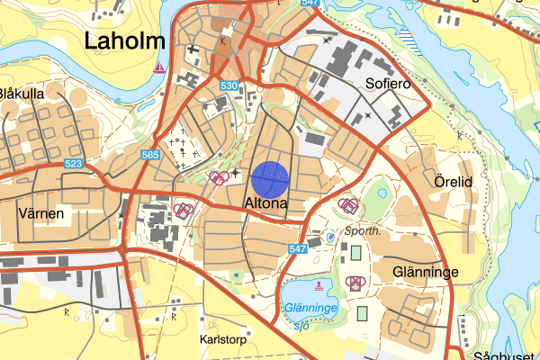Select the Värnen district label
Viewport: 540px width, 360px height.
(40, 213)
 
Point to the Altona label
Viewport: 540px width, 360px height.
(265, 204)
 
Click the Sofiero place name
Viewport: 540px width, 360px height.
(388, 84)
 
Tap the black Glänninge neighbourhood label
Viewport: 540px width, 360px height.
(427, 271)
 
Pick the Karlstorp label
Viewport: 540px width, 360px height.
(222, 342)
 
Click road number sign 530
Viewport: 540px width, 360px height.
(228, 85)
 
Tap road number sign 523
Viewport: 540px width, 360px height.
(75, 163)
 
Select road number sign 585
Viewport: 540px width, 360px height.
(150, 156)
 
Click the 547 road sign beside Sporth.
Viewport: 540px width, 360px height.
(300, 247)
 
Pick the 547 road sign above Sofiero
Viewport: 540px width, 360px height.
(310, 4)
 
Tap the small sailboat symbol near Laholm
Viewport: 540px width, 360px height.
(160, 67)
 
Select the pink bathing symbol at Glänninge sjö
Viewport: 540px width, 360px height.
(318, 287)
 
